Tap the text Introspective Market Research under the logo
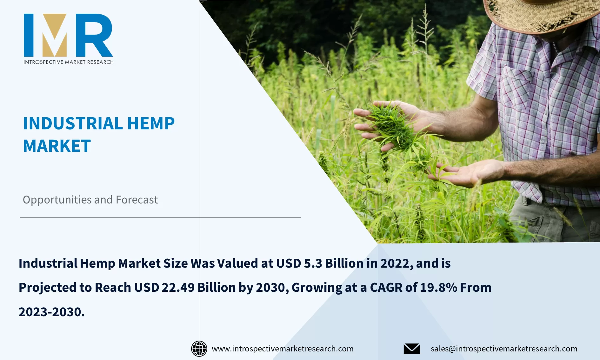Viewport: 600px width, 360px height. click(68, 62)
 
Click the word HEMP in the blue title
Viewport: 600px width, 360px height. click(151, 123)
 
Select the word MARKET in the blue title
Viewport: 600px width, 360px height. click(57, 146)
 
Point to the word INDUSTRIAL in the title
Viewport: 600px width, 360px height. click(73, 123)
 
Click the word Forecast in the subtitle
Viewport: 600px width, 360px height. click(137, 200)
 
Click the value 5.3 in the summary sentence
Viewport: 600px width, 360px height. click(313, 263)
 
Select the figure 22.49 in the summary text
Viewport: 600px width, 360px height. click(178, 288)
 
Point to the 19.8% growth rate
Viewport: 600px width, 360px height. click(438, 288)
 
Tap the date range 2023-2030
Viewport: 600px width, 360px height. click(51, 312)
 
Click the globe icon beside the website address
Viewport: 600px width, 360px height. click(199, 349)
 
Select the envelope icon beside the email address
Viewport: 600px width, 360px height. click(412, 349)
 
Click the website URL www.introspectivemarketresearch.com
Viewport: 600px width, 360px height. click(283, 349)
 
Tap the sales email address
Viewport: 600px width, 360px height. click(504, 349)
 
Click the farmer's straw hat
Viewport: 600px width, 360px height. click(540, 14)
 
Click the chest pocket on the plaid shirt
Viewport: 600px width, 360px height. click(516, 89)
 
